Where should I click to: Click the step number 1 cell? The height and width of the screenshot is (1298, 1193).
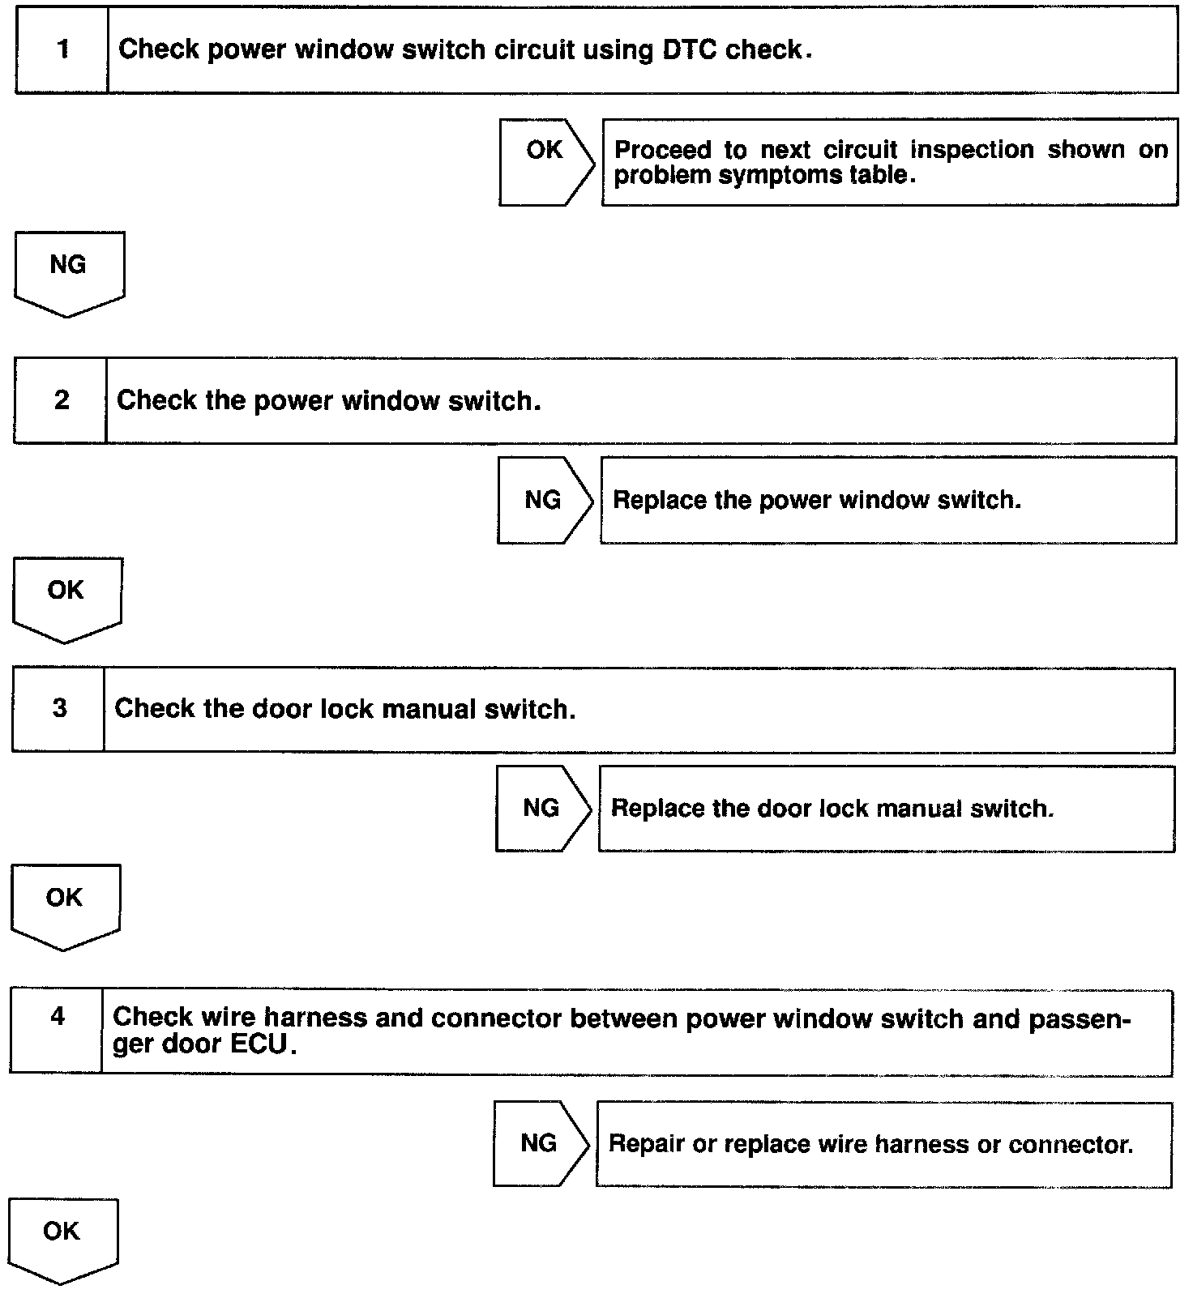(62, 50)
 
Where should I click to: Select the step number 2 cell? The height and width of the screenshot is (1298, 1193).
(61, 400)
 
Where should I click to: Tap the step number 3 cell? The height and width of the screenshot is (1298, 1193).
(59, 709)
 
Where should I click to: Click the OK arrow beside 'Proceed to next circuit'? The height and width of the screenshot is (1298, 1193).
(545, 161)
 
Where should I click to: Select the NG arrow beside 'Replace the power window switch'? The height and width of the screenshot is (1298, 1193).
(544, 500)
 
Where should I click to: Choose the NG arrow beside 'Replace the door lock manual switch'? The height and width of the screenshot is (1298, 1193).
(542, 808)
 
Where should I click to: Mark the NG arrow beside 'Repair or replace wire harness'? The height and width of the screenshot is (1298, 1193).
(540, 1143)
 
